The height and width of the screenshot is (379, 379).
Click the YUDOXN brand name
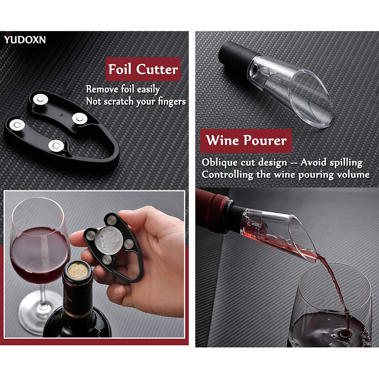click(25, 40)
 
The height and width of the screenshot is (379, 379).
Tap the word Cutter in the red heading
click(157, 69)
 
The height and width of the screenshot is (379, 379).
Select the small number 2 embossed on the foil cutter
click(62, 115)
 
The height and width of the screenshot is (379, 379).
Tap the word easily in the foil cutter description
click(149, 90)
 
